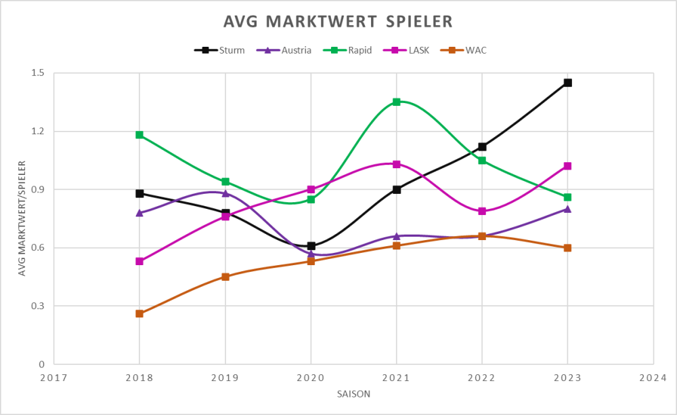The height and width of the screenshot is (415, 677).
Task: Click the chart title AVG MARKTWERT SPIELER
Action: tap(338, 22)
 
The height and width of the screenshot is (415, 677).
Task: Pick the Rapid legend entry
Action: tap(353, 50)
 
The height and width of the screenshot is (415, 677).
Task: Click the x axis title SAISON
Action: tap(353, 393)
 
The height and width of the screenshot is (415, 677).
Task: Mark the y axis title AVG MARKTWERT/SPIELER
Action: tap(22, 218)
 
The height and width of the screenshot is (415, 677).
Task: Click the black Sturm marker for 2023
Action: tap(568, 83)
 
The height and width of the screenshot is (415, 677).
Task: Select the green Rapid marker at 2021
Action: tap(397, 102)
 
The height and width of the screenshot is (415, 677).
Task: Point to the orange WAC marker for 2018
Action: tap(139, 314)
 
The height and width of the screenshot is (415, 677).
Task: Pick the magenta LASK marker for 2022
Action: tap(482, 211)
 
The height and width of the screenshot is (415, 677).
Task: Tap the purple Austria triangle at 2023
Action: tap(568, 209)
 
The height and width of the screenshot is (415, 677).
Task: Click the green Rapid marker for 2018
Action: tap(139, 135)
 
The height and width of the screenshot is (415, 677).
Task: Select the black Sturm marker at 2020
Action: tap(311, 245)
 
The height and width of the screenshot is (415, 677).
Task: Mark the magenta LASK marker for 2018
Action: tap(139, 261)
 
